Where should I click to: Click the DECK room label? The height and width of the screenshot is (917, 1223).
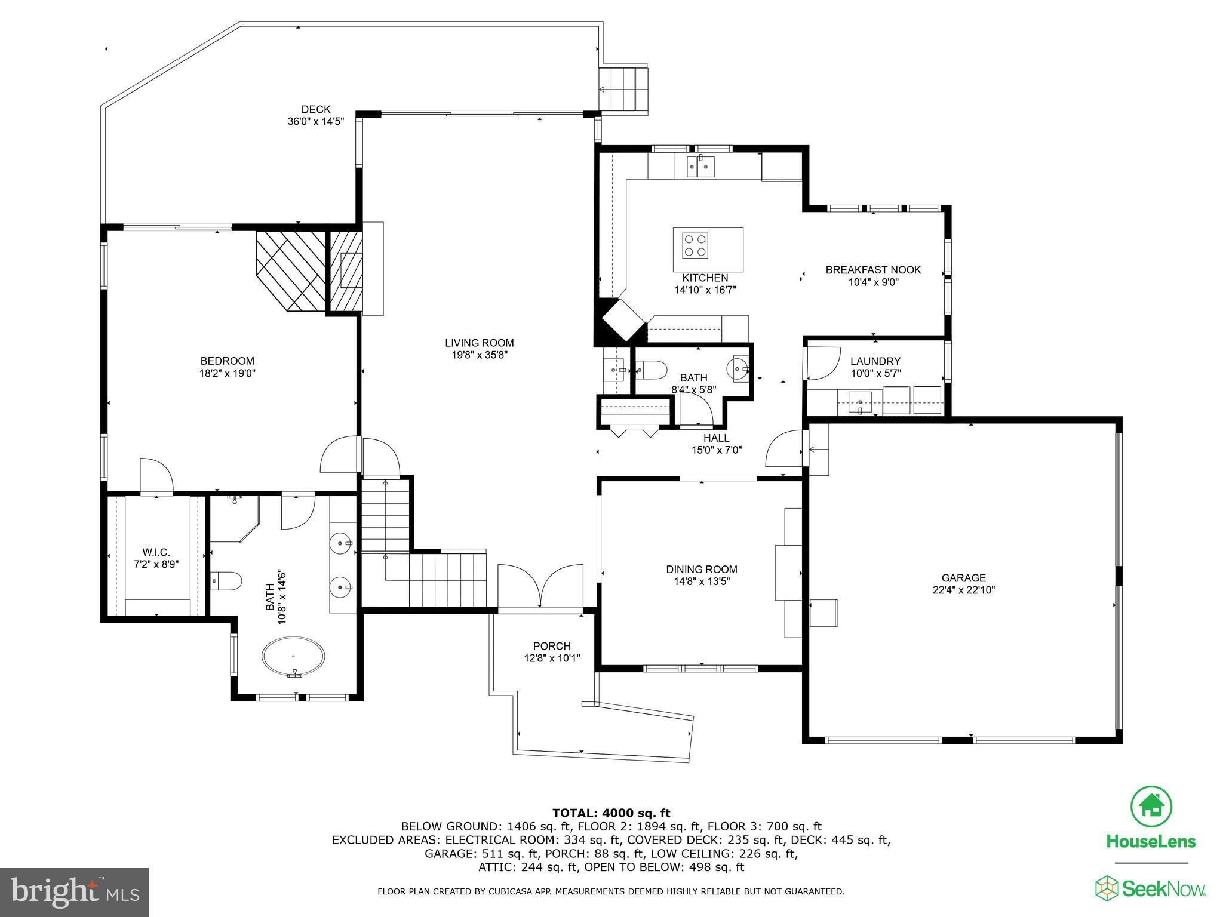(316, 109)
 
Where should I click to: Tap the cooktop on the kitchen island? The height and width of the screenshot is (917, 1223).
(695, 245)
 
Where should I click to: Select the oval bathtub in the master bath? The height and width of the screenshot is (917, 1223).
(293, 657)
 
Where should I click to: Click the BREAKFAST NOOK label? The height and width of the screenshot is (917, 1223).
(873, 270)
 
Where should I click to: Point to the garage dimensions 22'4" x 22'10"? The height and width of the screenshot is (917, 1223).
(963, 590)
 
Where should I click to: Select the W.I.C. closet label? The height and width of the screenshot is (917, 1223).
(156, 553)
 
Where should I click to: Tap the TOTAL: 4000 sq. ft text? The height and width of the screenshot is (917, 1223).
(611, 813)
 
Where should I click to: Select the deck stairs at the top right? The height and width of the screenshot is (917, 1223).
(625, 90)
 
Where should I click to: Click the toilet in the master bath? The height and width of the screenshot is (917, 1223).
(227, 580)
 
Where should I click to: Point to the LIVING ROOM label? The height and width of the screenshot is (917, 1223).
(479, 343)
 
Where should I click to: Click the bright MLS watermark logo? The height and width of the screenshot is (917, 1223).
(75, 893)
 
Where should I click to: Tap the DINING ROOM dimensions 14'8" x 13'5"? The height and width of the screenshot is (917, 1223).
(701, 581)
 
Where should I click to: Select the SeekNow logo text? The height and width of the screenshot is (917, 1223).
(1151, 888)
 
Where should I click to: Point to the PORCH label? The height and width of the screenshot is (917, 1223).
(552, 646)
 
